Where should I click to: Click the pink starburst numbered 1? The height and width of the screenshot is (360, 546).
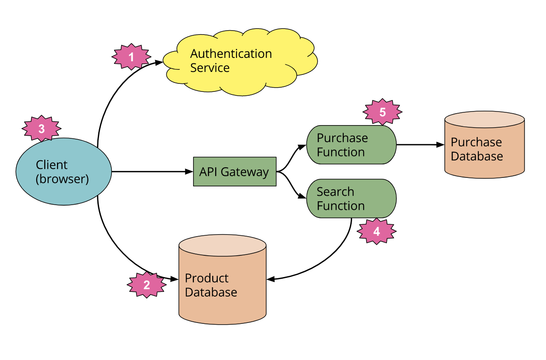pos(131,57)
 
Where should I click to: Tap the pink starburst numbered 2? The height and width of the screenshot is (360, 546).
pos(146,285)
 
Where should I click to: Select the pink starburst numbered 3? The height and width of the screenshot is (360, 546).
pos(41,129)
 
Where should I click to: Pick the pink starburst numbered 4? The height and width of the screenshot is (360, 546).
pos(376,231)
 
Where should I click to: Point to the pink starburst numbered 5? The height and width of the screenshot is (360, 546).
pos(382,112)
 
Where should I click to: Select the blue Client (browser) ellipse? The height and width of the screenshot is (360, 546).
pos(63,171)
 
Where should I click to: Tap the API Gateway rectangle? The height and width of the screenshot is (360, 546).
pos(234,171)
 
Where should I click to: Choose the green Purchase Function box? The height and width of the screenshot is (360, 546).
pos(351,145)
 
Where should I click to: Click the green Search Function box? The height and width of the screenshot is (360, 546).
pos(351,198)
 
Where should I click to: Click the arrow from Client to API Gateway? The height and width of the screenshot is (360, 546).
pos(149,171)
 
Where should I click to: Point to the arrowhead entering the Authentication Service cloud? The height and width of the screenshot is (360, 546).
pos(159,63)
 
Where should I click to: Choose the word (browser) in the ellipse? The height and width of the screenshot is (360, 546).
pos(62,179)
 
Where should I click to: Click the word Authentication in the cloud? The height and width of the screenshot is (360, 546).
pos(231,54)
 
